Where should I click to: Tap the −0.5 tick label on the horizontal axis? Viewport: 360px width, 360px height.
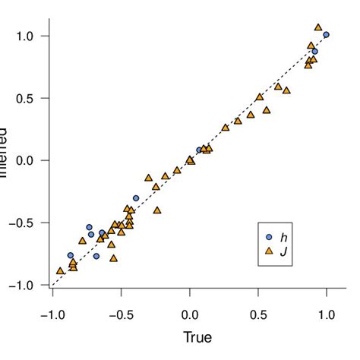coord(119,314)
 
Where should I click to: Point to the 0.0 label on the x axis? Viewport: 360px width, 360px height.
coord(190,314)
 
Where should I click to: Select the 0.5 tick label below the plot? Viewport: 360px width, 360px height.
coord(259,314)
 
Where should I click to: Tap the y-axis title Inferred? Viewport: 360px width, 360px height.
coord(4,160)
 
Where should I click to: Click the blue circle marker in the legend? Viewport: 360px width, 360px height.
coord(268,236)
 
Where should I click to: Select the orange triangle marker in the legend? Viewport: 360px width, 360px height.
coord(268,250)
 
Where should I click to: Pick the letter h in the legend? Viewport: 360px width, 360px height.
coord(284,236)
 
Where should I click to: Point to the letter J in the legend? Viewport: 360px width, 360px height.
coord(284,250)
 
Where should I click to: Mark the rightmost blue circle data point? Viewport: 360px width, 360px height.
coord(326,35)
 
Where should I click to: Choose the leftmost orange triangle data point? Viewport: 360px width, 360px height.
coord(60,270)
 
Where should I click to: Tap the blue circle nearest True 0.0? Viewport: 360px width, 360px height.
coord(199,150)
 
